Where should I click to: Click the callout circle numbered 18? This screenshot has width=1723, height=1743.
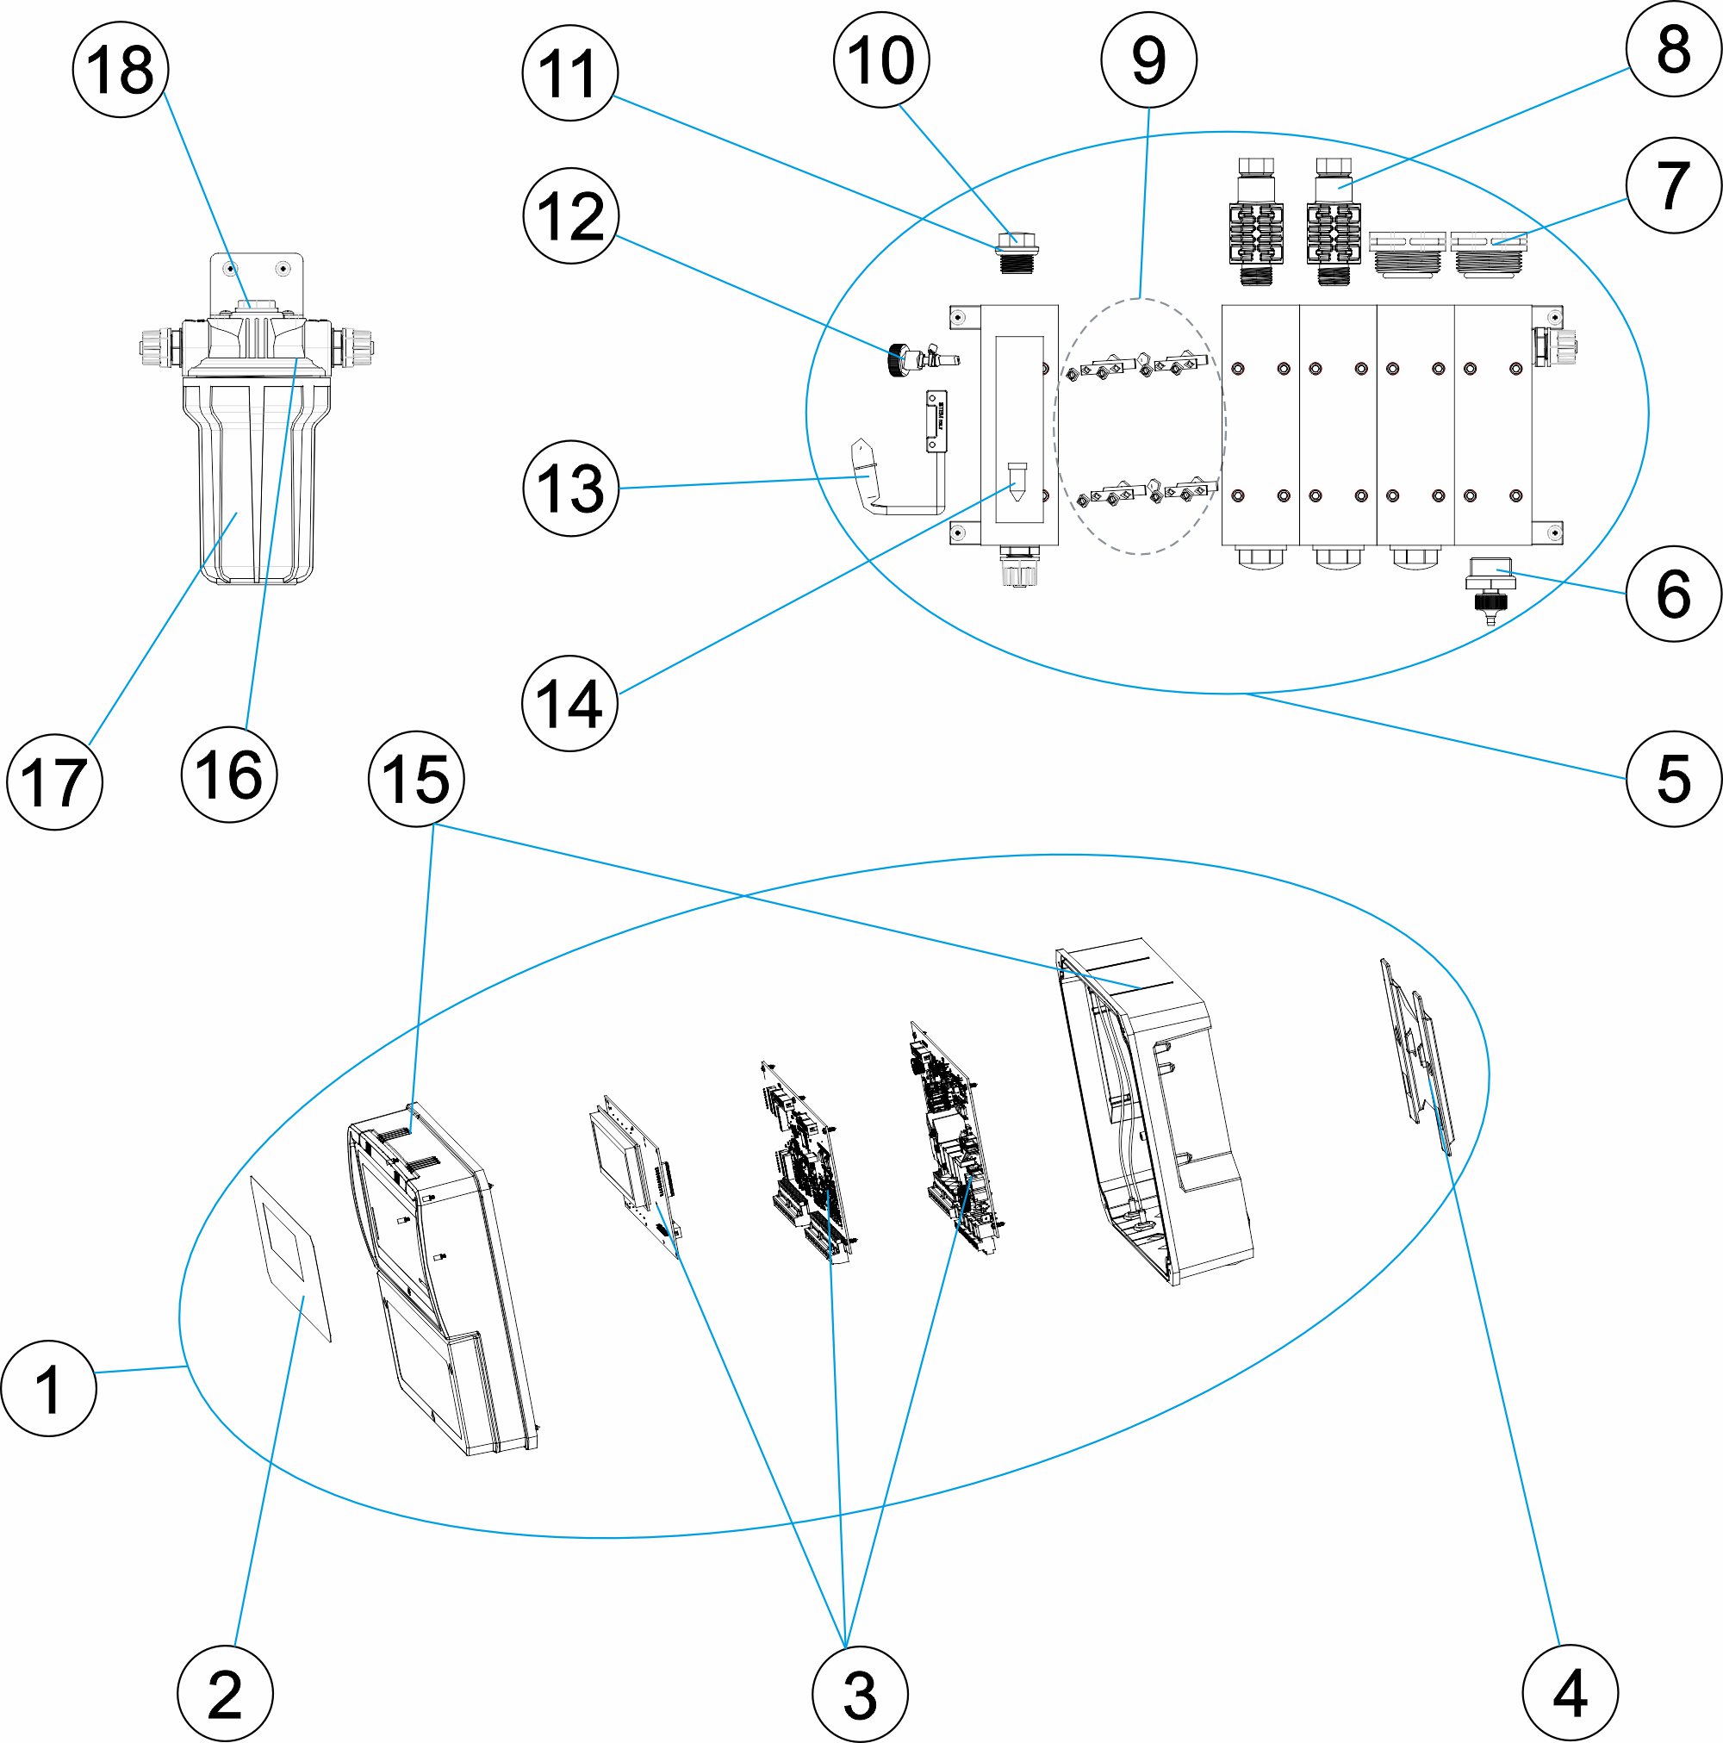click(121, 70)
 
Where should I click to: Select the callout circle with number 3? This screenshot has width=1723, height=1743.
click(860, 1693)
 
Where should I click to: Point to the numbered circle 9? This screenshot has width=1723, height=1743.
click(1149, 59)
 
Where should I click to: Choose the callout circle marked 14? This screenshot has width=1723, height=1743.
click(570, 702)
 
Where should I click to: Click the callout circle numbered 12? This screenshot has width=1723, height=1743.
click(571, 215)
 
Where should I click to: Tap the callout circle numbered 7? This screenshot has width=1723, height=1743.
click(1674, 185)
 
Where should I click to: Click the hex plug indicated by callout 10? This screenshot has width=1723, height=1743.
click(1016, 252)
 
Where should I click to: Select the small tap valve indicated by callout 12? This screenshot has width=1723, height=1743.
click(923, 360)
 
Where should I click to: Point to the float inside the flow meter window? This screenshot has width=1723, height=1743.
click(1017, 482)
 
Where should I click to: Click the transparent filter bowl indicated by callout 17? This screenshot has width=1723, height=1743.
click(250, 478)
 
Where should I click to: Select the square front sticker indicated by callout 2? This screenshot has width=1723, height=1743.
click(290, 1258)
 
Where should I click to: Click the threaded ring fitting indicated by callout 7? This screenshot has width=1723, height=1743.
click(1488, 253)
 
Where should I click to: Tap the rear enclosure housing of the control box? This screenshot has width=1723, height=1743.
click(1154, 1110)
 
